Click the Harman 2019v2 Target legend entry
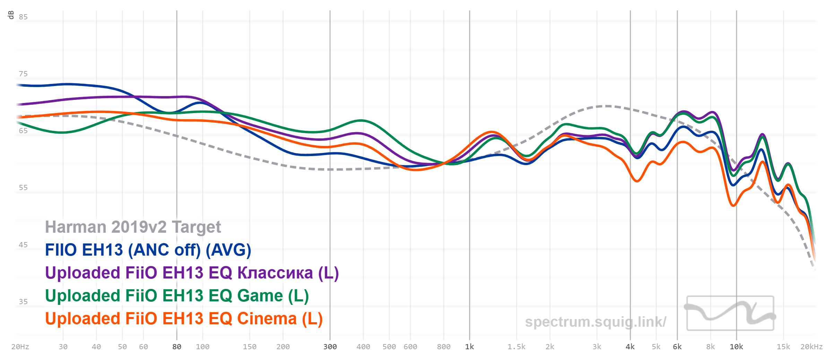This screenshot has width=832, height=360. tap(133, 227)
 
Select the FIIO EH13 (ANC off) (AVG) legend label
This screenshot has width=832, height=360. tap(148, 250)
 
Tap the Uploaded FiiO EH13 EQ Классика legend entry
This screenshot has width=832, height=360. tap(192, 273)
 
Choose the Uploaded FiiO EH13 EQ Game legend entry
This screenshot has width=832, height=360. tap(177, 296)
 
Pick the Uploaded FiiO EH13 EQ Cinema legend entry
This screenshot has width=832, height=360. tap(184, 319)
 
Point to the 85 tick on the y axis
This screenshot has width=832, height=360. tap(23, 17)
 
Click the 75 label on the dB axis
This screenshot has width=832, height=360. tap(23, 74)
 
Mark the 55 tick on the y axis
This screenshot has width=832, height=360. tap(23, 188)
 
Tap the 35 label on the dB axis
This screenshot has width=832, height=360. tap(23, 302)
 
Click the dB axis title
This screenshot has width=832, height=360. tap(11, 15)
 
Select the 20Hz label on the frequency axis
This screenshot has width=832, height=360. tap(20, 347)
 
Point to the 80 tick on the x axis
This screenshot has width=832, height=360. tap(177, 347)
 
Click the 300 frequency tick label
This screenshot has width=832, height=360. tap(330, 347)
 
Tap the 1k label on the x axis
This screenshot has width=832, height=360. tap(469, 347)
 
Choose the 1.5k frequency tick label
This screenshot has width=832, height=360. tap(517, 347)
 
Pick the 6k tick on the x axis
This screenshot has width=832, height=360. tap(677, 347)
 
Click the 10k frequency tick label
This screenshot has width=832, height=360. tap(736, 347)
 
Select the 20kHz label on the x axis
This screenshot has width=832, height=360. tap(811, 347)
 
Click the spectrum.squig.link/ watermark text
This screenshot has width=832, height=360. tap(595, 322)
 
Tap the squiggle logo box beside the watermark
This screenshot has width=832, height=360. tap(730, 313)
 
